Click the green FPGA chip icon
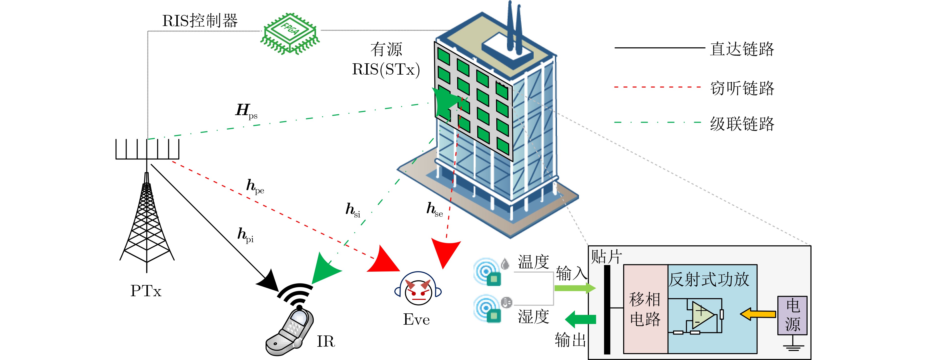290,33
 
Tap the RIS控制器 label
200,21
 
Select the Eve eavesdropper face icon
418,292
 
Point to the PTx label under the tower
146,291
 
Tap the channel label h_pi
245,235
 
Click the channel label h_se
434,210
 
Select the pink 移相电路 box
645,309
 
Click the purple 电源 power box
792,315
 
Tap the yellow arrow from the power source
758,314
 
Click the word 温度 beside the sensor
533,262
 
